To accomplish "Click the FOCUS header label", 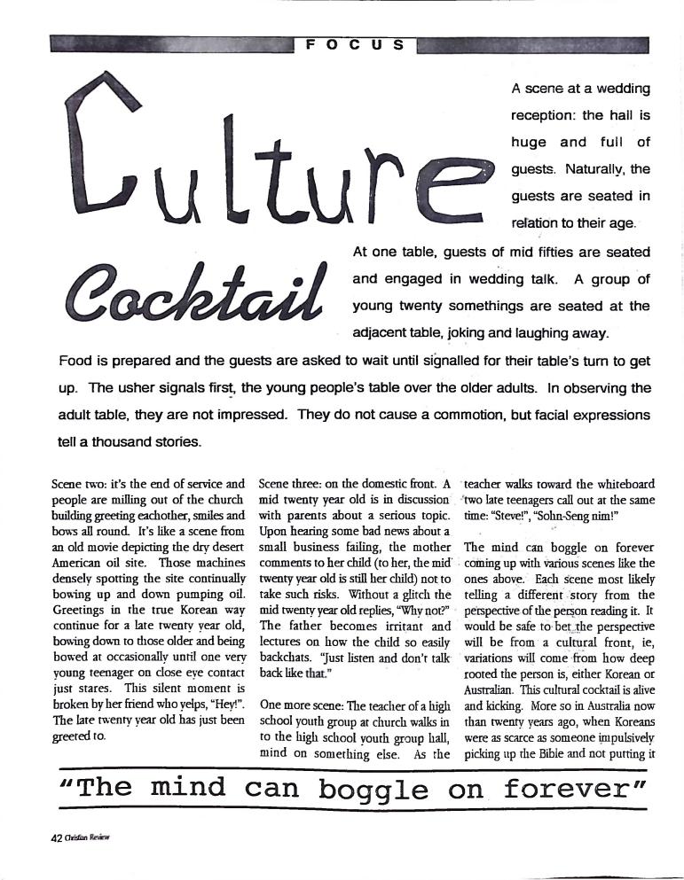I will [x=355, y=44].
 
